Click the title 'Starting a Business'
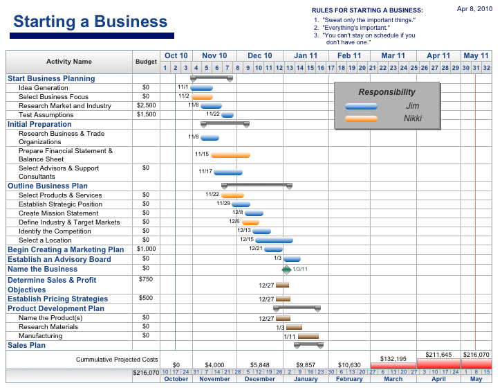pyautogui.click(x=91, y=21)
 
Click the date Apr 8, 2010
pyautogui.click(x=475, y=9)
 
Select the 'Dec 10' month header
pyautogui.click(x=260, y=55)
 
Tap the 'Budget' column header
pyautogui.click(x=146, y=62)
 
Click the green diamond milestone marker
pyautogui.click(x=287, y=269)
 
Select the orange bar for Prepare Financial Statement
pyautogui.click(x=230, y=155)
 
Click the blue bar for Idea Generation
pyautogui.click(x=202, y=88)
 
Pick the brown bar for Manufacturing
pyautogui.click(x=308, y=336)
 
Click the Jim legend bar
pyautogui.click(x=361, y=106)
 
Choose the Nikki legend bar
pyautogui.click(x=361, y=118)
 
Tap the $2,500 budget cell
pyautogui.click(x=146, y=106)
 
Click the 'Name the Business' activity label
pyautogui.click(x=42, y=269)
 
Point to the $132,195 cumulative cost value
pyautogui.click(x=393, y=359)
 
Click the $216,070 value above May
pyautogui.click(x=476, y=355)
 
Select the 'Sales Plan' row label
pyautogui.click(x=26, y=345)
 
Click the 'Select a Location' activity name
pyautogui.click(x=45, y=240)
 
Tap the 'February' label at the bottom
pyautogui.click(x=349, y=379)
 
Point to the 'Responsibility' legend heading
pyautogui.click(x=387, y=91)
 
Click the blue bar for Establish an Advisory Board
pyautogui.click(x=292, y=259)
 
